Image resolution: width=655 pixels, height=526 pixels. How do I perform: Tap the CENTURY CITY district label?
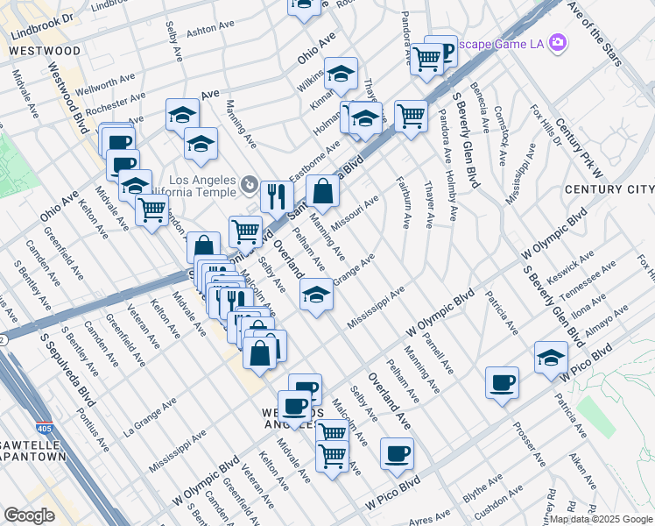click(609, 189)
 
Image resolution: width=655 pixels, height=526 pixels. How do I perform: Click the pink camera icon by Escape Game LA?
click(558, 42)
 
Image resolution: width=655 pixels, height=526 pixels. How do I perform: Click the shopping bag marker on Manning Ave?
click(323, 191)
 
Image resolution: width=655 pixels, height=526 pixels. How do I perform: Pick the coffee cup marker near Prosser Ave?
click(502, 383)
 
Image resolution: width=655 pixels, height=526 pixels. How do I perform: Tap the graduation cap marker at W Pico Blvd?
click(551, 359)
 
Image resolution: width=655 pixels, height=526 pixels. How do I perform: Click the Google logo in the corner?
click(29, 515)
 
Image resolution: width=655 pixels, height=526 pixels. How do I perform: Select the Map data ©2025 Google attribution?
click(600, 519)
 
